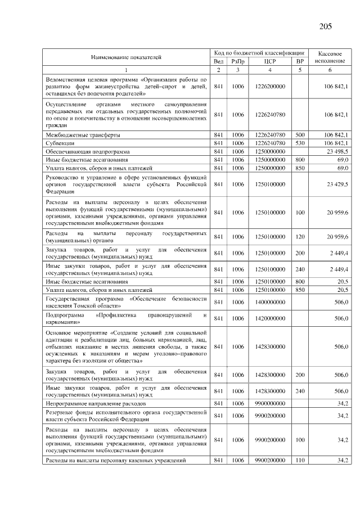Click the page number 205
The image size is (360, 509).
(325, 26)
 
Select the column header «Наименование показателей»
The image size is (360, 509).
(126, 57)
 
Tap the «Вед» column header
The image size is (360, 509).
(219, 61)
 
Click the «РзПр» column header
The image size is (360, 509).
(238, 61)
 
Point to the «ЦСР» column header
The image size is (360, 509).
(270, 61)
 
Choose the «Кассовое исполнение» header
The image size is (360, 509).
(330, 56)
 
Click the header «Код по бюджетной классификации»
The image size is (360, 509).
(259, 52)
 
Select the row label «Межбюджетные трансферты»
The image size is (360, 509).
(83, 135)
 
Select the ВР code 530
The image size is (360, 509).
(300, 143)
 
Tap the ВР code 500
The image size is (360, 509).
(300, 135)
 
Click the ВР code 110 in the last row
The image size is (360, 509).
(300, 461)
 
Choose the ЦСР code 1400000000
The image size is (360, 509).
(270, 302)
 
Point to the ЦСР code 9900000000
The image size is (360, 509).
(270, 403)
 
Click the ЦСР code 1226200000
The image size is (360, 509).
(270, 86)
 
